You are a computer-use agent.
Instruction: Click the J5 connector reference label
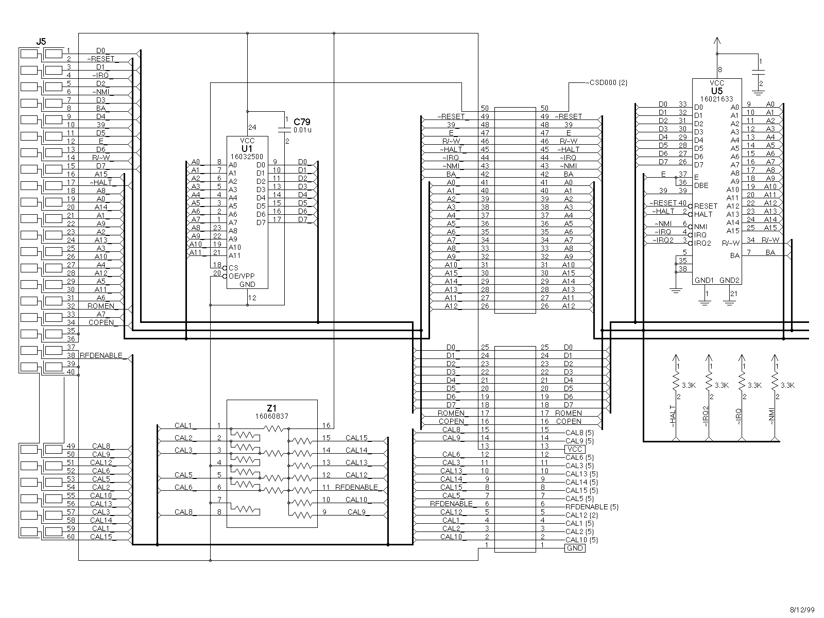point(41,41)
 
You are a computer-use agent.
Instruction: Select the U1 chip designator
point(247,148)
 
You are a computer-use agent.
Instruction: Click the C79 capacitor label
point(302,122)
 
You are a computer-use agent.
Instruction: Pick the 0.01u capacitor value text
point(302,130)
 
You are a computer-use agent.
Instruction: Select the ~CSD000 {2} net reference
point(607,82)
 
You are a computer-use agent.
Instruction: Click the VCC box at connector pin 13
point(575,449)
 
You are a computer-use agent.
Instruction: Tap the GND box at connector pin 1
point(575,548)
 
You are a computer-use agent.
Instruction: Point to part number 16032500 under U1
point(247,156)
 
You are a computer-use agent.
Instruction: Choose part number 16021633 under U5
point(717,98)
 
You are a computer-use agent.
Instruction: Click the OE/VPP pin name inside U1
point(242,276)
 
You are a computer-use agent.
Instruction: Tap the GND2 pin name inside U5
point(729,280)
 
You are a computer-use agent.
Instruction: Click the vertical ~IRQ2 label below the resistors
point(706,415)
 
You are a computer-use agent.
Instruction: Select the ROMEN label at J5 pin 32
point(101,306)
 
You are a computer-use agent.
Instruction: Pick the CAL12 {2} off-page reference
point(581,515)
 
